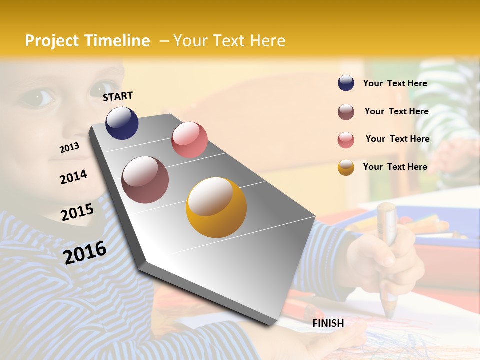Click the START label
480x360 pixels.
click(118, 96)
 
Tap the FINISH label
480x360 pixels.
click(328, 323)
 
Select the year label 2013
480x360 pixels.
click(69, 148)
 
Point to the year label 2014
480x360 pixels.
click(73, 177)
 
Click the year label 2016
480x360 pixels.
click(85, 252)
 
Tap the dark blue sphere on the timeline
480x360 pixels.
click(122, 123)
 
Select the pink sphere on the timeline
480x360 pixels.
click(189, 140)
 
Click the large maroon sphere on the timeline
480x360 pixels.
click(145, 180)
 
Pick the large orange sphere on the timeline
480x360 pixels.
click(216, 207)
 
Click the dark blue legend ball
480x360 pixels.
click(346, 83)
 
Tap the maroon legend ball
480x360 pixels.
click(346, 112)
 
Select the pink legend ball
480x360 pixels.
click(346, 140)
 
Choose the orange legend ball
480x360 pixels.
click(346, 167)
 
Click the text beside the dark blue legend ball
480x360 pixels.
click(395, 83)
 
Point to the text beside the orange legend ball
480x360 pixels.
click(395, 167)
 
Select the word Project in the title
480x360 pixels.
click(51, 41)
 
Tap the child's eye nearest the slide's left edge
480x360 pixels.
click(38, 97)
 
